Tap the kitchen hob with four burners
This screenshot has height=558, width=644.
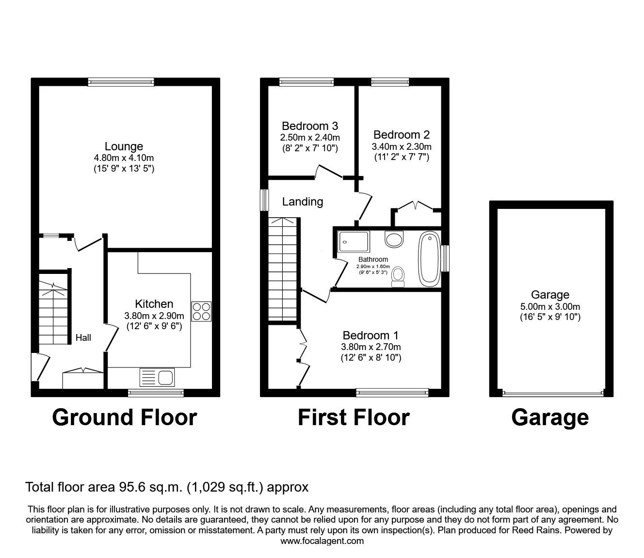click(x=202, y=311)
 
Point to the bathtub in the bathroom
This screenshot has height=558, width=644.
click(x=429, y=259)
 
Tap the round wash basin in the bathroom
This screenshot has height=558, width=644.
click(x=394, y=239)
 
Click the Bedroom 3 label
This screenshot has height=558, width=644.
click(x=310, y=126)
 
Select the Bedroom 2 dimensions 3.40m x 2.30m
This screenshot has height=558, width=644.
click(x=402, y=146)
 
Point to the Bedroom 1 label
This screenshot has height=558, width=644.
click(x=370, y=335)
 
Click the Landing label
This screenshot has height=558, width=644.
click(x=303, y=202)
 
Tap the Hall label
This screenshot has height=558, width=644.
click(x=83, y=338)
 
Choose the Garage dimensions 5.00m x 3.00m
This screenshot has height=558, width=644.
click(x=550, y=306)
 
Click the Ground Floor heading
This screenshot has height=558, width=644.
click(x=124, y=417)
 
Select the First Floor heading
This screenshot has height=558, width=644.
click(x=354, y=417)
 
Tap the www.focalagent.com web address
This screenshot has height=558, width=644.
click(x=322, y=541)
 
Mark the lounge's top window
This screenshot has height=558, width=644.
click(x=121, y=82)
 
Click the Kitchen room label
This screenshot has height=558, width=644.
click(x=154, y=304)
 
